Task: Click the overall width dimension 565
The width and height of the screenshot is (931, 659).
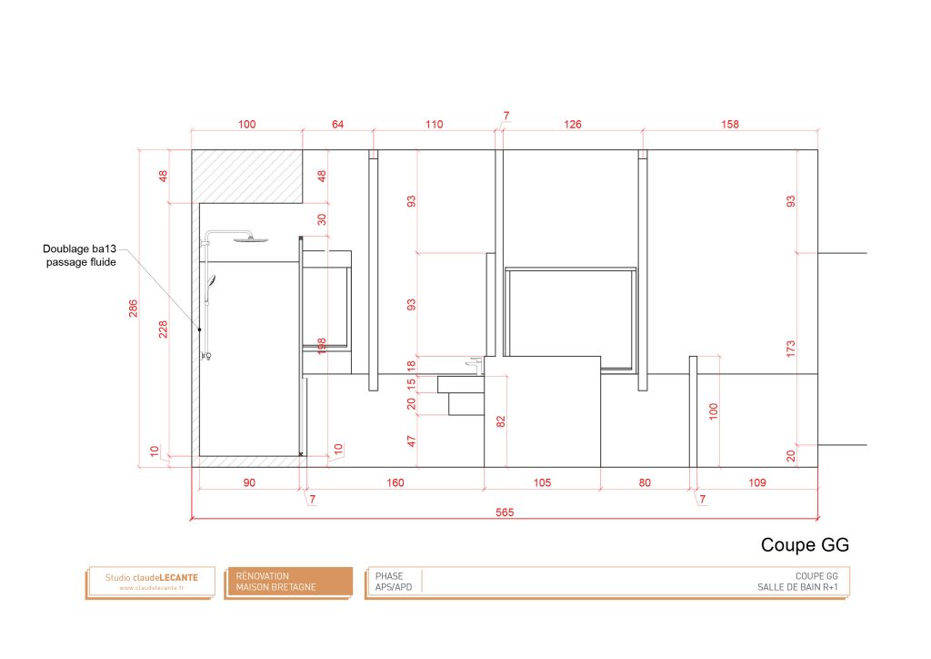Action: [x=505, y=512]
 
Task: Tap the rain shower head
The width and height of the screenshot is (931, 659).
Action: [x=245, y=238]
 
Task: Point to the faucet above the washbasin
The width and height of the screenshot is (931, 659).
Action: [x=473, y=365]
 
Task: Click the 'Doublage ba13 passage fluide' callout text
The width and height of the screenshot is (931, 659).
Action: [x=80, y=256]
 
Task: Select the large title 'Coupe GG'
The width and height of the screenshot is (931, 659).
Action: [x=804, y=545]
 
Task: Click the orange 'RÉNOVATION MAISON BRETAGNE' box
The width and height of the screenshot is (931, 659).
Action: [x=288, y=582]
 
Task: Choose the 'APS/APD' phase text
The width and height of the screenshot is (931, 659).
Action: [x=394, y=588]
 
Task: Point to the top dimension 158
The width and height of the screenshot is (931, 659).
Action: [x=730, y=125]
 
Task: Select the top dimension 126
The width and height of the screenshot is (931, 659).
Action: [x=572, y=125]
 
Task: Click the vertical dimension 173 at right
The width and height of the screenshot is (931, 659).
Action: [x=790, y=348]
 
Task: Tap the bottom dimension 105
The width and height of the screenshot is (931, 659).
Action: [x=541, y=482]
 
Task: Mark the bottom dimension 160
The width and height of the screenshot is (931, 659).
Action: [x=395, y=482]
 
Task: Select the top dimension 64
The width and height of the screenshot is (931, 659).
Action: [x=337, y=125]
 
